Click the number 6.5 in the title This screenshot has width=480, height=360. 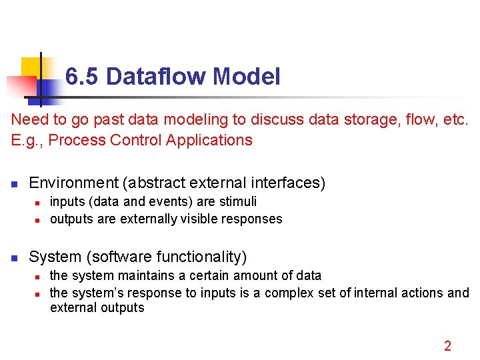(83, 77)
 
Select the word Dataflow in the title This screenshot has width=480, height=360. (156, 77)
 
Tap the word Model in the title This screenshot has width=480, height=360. (247, 77)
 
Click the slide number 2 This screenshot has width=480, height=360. (447, 345)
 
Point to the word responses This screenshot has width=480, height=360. (255, 219)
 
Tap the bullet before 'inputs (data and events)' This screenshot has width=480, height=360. (39, 202)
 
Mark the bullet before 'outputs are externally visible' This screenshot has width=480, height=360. (39, 219)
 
